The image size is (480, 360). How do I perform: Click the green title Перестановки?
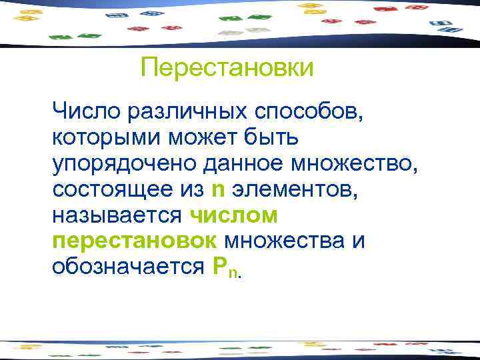point(227,67)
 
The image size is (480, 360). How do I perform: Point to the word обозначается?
point(127,267)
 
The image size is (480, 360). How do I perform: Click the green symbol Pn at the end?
point(225,267)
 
